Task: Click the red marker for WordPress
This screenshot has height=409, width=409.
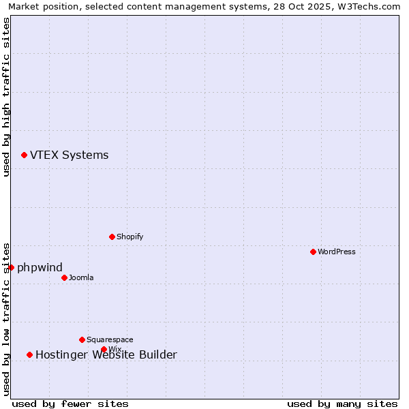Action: coord(313,252)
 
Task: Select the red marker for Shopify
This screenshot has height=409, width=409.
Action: coord(112,237)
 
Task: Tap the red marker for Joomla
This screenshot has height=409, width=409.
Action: coord(64,277)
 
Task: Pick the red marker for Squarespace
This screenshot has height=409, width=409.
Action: coord(82,339)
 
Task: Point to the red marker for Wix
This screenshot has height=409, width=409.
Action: coord(104,349)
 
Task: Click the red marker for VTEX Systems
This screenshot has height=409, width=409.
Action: coord(24,155)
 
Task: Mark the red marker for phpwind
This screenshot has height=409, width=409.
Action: coord(11,267)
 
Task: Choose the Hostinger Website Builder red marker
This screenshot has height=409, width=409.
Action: coord(29,354)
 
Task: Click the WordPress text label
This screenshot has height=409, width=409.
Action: coord(337,252)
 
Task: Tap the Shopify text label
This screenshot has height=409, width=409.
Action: coord(130,237)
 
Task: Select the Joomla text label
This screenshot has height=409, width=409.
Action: coord(81,277)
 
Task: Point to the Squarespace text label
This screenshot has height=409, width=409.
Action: coord(110,339)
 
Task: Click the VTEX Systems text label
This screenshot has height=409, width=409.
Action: coord(69,155)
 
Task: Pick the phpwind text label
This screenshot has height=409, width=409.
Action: coord(40,267)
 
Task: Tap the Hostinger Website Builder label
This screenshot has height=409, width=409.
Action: coord(106,354)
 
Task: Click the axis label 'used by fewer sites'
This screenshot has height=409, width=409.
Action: coord(70,404)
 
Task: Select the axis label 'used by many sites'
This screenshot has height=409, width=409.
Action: coord(342,404)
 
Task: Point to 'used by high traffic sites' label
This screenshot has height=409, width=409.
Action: coord(6,97)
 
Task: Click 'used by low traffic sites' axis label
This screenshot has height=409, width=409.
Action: coord(6,318)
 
